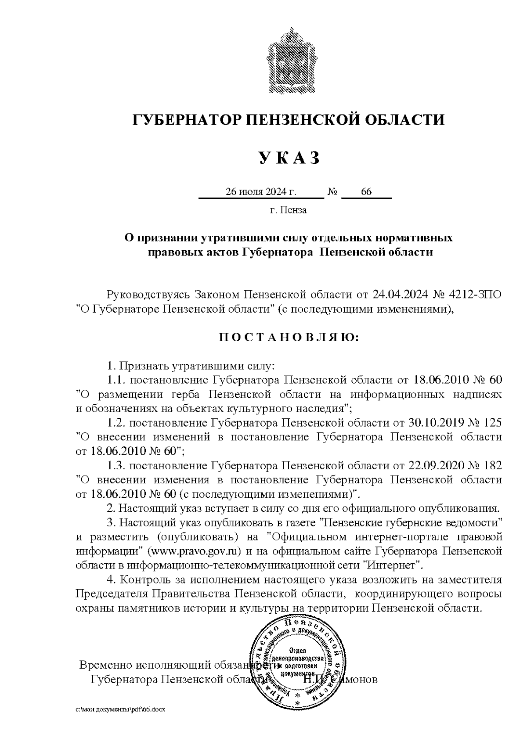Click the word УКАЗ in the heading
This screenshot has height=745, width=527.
(289, 158)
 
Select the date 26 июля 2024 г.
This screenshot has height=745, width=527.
(261, 192)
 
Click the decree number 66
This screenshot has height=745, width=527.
(366, 192)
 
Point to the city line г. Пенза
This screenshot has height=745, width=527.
(288, 210)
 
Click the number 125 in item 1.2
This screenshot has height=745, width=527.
(491, 423)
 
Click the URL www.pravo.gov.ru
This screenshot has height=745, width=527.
(196, 551)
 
